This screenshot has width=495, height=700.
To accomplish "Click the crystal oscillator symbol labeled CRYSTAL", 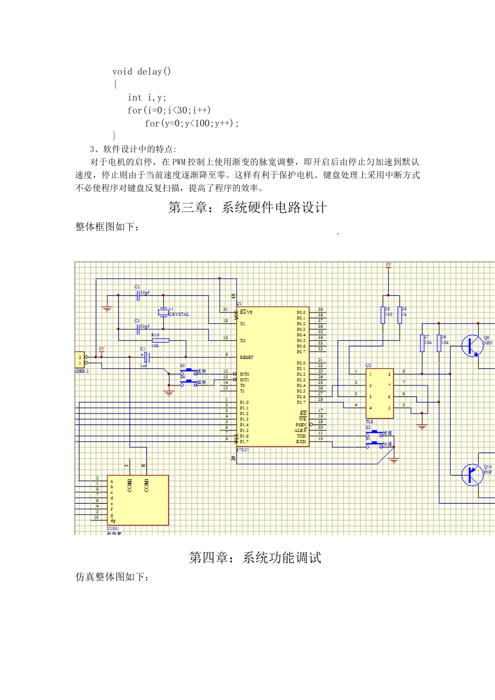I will tap(164, 312).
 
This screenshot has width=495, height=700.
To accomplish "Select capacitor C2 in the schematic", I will tap(139, 295).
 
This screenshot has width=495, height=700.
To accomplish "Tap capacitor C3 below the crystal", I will tap(139, 329).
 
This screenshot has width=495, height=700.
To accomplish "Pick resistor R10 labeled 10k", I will tap(160, 340).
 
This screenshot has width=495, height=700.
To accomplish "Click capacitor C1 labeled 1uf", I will tap(146, 357).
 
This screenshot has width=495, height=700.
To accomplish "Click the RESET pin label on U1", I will tap(246, 357).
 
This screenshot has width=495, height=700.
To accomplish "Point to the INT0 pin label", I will tap(244, 374).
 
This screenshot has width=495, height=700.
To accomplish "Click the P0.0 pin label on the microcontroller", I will tap(301, 312).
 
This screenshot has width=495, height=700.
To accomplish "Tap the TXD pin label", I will tap(301, 436).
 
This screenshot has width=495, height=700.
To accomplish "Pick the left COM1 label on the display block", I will tap(130, 485).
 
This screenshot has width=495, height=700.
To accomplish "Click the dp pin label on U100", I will tap(113, 520).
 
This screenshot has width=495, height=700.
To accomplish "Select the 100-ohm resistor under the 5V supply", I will tap(383, 315).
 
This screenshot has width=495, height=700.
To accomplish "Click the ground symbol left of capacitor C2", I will tap(107, 308).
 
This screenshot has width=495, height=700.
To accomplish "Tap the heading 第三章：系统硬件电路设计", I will tap(247, 208).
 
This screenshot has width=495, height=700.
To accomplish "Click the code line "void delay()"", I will tap(141, 71).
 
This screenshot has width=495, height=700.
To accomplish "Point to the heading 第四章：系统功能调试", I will tap(255, 558).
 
